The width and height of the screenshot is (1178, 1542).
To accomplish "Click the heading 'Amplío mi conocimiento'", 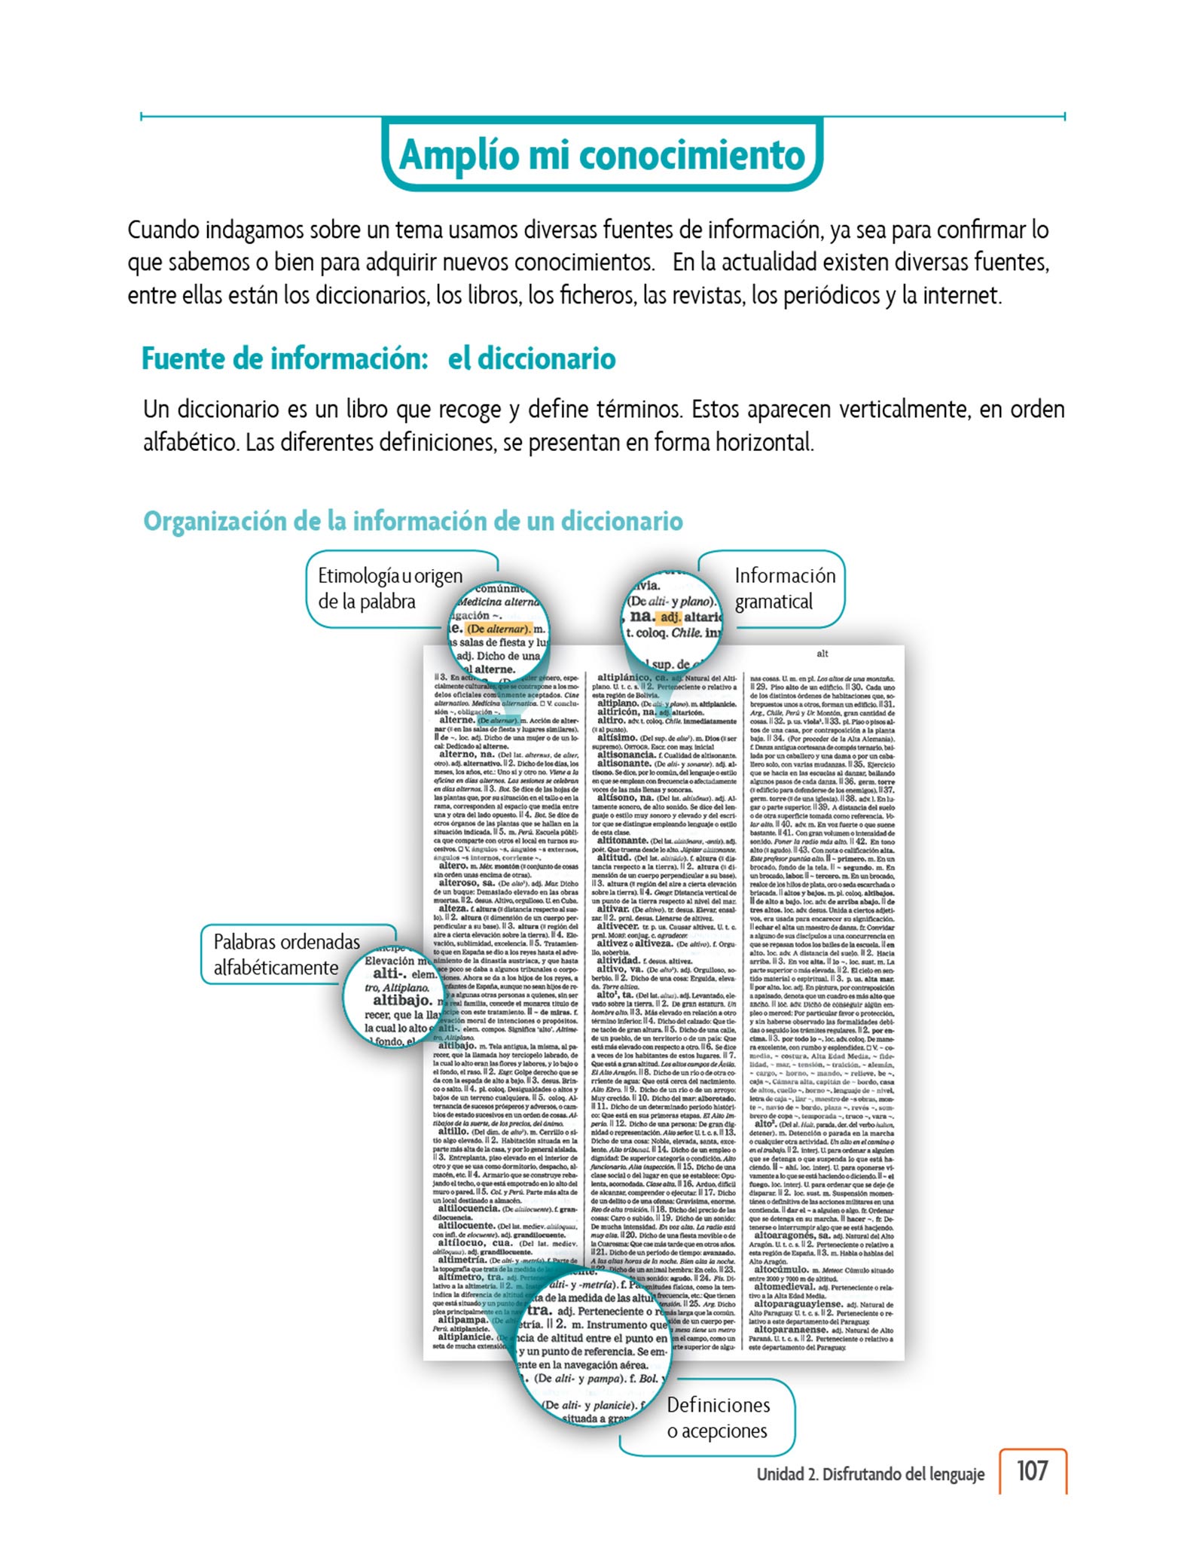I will pos(602,155).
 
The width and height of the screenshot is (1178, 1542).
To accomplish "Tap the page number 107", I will pos(1032,1470).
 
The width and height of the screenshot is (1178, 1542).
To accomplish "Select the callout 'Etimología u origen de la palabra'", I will pos(389,588).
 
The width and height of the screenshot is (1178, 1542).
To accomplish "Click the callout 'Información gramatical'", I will pos(785,588).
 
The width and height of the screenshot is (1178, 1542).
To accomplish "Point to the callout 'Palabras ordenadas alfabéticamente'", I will pos(286,954).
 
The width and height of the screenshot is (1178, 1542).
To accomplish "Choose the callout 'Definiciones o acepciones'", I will pos(718,1417).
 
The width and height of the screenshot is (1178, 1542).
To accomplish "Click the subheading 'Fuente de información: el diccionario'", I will pos(378,358).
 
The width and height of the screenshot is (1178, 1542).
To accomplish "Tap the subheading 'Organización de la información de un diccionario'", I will pos(413,521).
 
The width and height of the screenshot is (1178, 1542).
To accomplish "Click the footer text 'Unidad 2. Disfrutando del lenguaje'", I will pos(870,1473).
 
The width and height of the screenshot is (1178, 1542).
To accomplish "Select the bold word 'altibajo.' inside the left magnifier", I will pos(403,1001).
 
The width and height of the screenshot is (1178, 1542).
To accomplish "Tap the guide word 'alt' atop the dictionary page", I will pos(822,654).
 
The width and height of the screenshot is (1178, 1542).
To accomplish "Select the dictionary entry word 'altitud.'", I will pos(613,857).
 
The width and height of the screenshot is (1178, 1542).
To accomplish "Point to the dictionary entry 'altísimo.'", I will pos(616,738).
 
